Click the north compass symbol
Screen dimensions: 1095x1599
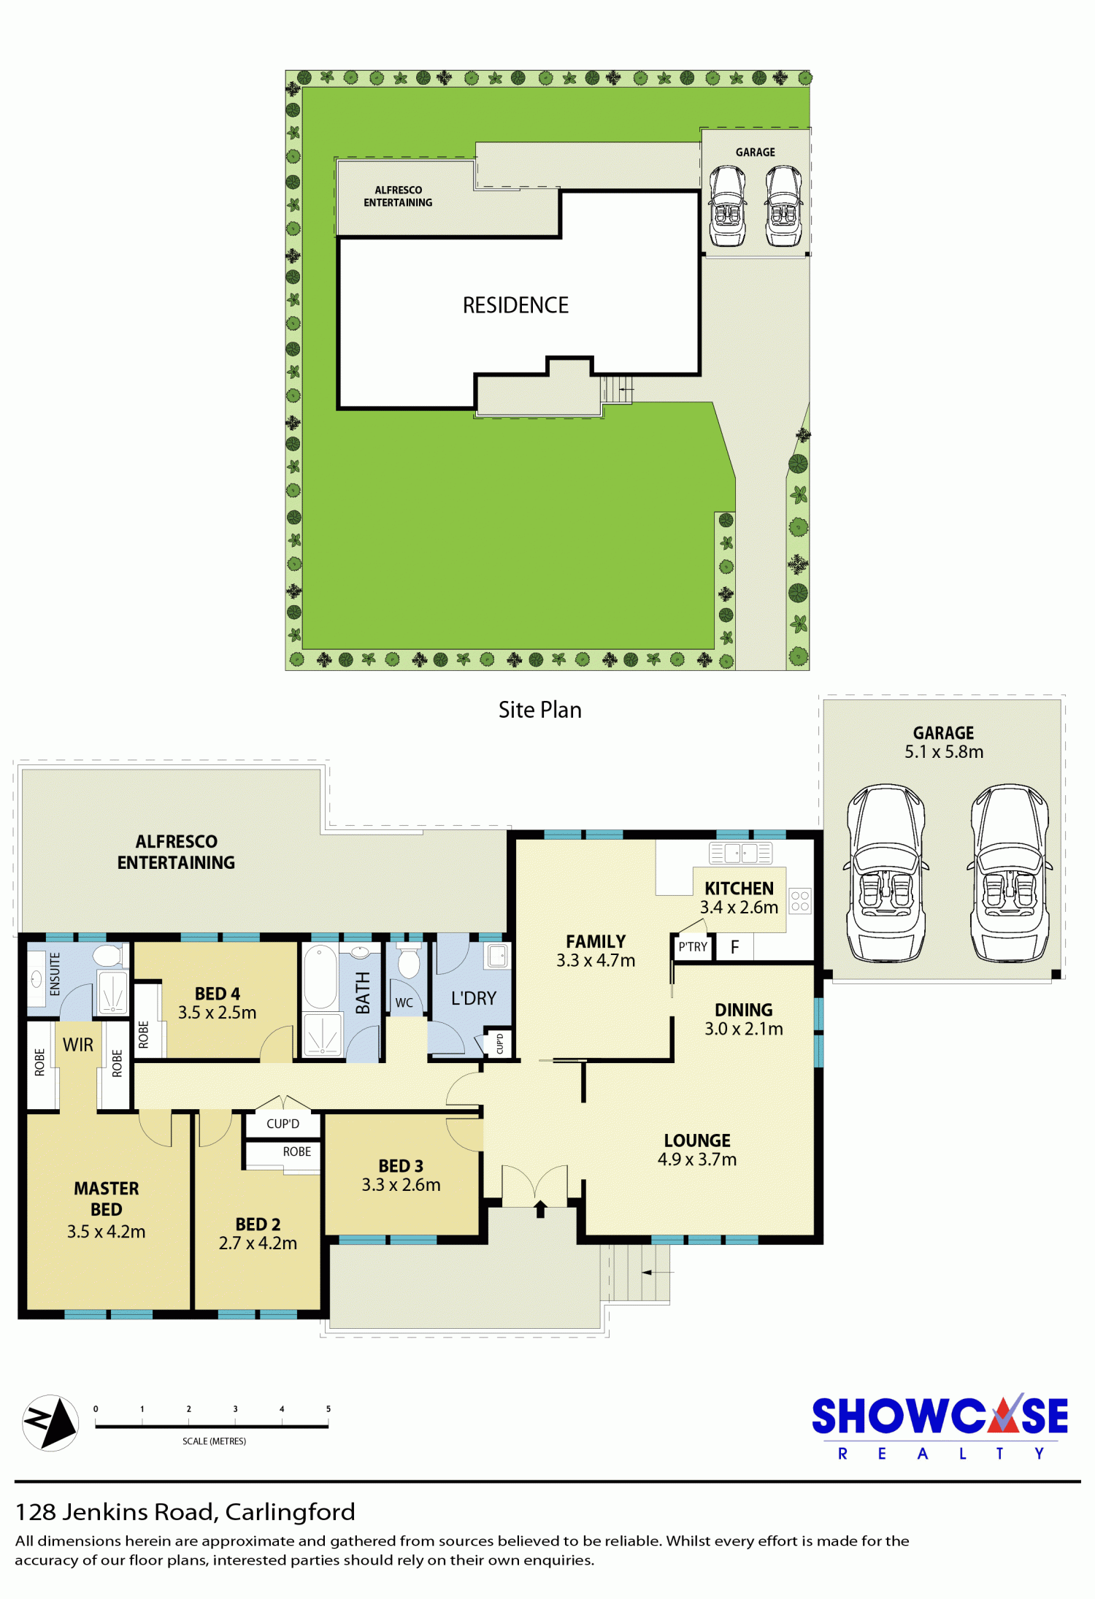pyautogui.click(x=50, y=1422)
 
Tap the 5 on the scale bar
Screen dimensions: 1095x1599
pyautogui.click(x=328, y=1408)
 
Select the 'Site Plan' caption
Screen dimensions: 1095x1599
pyautogui.click(x=540, y=710)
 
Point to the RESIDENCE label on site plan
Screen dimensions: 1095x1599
pyautogui.click(x=515, y=305)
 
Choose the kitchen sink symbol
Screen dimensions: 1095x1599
pyautogui.click(x=740, y=853)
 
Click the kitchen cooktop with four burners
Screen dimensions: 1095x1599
pyautogui.click(x=800, y=900)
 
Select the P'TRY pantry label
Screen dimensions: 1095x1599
pyautogui.click(x=693, y=947)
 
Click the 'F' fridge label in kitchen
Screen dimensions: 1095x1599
pyautogui.click(x=735, y=947)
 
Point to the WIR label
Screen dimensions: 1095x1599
pyautogui.click(x=78, y=1045)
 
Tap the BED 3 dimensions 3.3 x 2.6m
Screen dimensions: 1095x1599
pyautogui.click(x=401, y=1184)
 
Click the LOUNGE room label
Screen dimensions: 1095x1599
pyautogui.click(x=697, y=1140)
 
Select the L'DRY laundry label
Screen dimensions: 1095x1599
pyautogui.click(x=473, y=998)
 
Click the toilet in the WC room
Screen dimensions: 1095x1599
pyautogui.click(x=409, y=960)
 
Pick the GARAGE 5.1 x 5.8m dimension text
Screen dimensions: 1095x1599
pyautogui.click(x=944, y=751)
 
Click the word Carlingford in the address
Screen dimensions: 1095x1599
pyautogui.click(x=290, y=1511)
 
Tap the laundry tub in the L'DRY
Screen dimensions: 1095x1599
pyautogui.click(x=497, y=956)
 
